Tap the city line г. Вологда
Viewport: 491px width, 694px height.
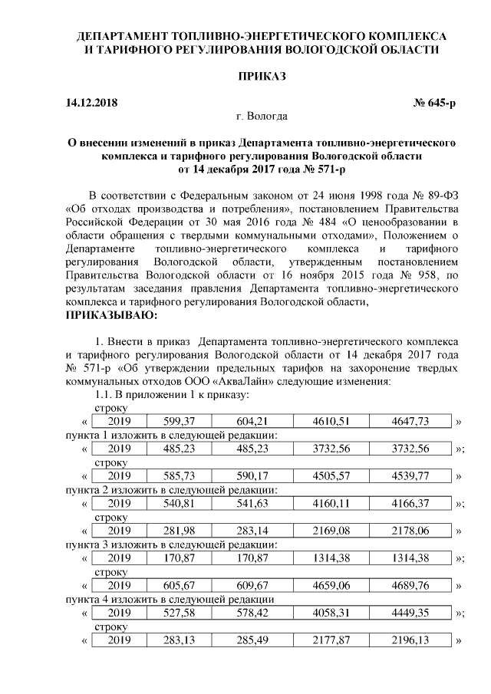point(262,117)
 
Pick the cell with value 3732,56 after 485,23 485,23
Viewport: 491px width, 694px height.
point(326,449)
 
